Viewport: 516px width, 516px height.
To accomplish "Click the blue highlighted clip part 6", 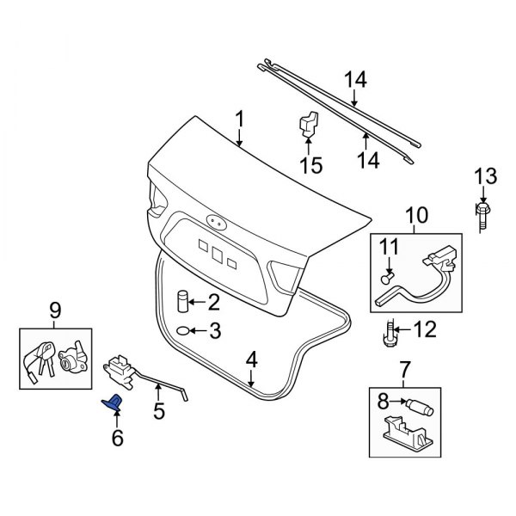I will coord(114,402).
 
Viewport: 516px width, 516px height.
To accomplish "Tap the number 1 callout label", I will coord(240,117).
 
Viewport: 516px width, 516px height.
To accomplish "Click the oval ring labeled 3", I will coord(185,331).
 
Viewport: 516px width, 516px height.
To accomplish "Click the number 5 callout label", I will coord(158,412).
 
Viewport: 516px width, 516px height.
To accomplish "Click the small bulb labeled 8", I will coord(421,402).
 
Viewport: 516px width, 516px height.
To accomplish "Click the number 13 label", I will coord(486,177).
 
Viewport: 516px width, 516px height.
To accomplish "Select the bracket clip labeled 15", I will coord(308,124).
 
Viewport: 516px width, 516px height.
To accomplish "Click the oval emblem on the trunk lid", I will coord(217,222).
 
